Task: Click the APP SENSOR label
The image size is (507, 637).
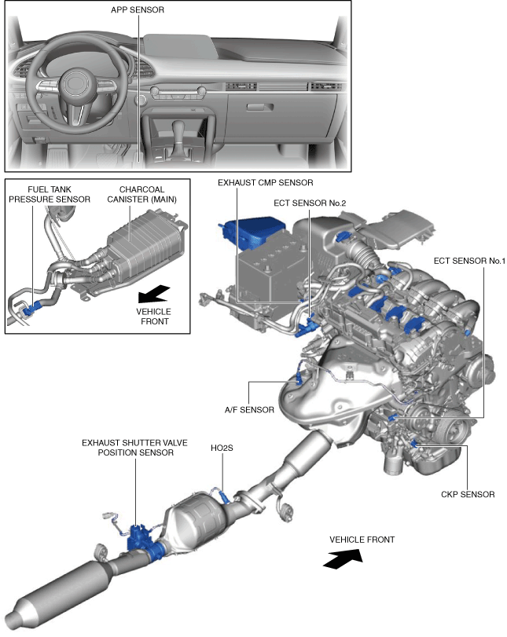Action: point(138,9)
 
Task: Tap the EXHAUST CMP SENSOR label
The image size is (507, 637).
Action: point(266,183)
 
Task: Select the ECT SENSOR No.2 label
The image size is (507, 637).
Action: point(310,203)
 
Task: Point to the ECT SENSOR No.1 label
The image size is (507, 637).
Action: point(469,261)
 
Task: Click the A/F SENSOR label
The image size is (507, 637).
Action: point(249,410)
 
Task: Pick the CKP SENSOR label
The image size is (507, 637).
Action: point(468,494)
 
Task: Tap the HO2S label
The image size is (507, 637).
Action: point(222,448)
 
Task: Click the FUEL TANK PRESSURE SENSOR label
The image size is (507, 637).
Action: point(50,194)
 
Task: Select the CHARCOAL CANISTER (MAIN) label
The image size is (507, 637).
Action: point(142,194)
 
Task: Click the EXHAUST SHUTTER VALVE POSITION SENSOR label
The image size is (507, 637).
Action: point(135,448)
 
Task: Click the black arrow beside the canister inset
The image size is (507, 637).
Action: point(154,294)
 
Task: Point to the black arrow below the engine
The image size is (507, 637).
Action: point(343,558)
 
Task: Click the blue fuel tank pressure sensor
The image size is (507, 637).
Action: point(32,309)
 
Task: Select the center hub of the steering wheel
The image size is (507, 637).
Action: point(75,83)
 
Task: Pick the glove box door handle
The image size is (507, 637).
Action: point(260,108)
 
